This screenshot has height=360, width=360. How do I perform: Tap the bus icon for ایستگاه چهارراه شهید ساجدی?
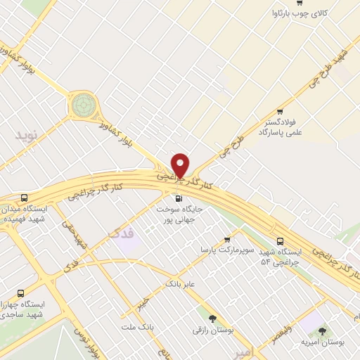coord(20,293)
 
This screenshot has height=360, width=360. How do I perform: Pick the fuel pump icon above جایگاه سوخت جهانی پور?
coord(177,198)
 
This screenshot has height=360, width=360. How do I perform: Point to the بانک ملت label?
coord(136,328)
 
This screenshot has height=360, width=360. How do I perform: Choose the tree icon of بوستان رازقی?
coord(212,319)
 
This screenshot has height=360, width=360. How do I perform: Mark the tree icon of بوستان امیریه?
coord(323,330)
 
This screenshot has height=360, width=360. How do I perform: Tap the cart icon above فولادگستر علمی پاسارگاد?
coord(281,111)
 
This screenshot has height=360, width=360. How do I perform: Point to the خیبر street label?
coord(142,304)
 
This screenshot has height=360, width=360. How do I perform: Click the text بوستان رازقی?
coord(212,329)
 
